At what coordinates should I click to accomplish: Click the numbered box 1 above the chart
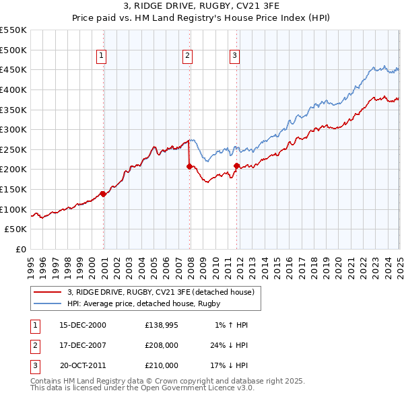[x=101, y=57]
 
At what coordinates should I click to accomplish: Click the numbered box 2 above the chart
[x=187, y=57]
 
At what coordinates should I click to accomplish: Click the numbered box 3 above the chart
[x=234, y=57]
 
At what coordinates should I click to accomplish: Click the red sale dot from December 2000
[x=103, y=194]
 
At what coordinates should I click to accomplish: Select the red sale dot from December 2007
[x=189, y=166]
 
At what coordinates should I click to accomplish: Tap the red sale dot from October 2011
[x=236, y=166]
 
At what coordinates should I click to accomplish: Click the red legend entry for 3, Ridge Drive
[x=160, y=292]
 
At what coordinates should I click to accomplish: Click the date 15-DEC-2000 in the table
[x=83, y=325]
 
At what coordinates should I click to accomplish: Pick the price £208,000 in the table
[x=162, y=345]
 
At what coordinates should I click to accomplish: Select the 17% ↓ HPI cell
[x=229, y=365]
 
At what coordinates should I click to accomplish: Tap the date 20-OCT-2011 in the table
[x=83, y=365]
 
